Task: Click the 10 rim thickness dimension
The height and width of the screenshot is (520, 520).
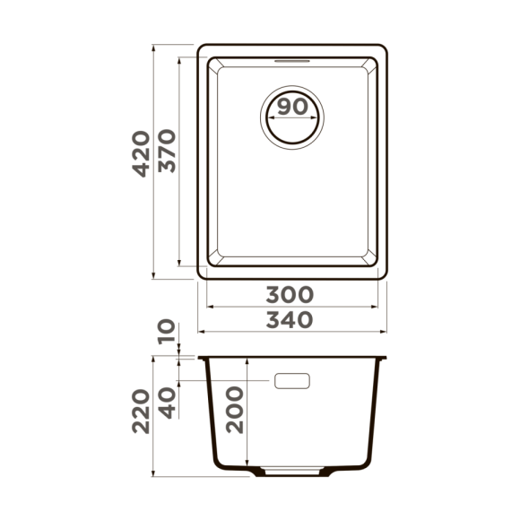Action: click(x=166, y=334)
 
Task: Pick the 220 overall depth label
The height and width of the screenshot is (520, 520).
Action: click(x=140, y=412)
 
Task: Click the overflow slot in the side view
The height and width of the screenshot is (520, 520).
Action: click(x=292, y=381)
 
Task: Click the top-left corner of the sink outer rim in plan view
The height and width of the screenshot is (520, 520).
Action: click(x=200, y=46)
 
